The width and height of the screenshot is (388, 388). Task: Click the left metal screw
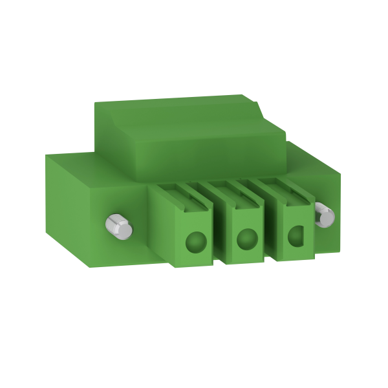118,226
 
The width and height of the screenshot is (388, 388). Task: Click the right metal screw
323,215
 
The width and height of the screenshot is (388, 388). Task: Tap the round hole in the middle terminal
246,240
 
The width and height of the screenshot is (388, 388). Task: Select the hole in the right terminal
297,237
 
